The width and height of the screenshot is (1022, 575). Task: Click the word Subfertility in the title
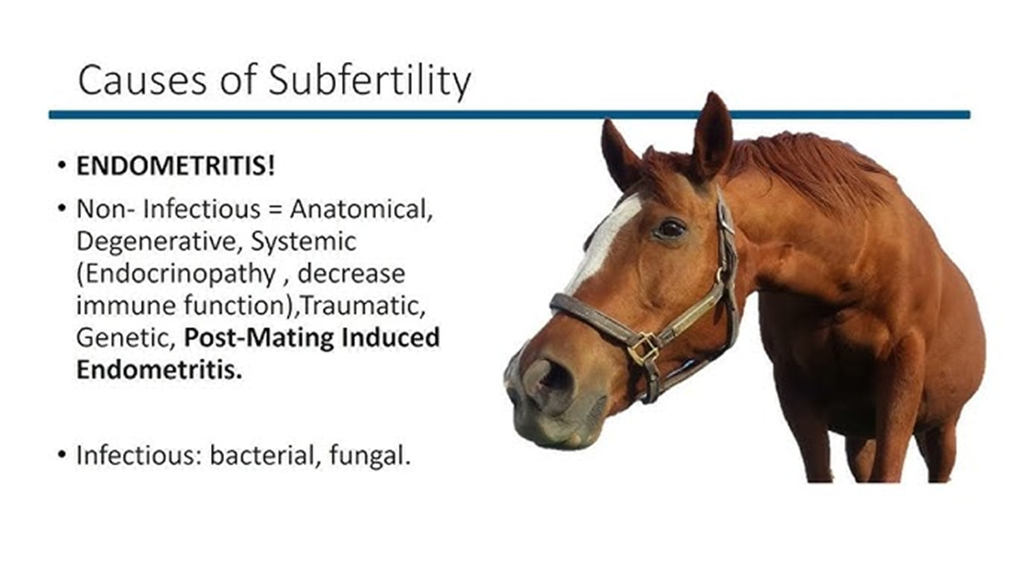click(x=369, y=80)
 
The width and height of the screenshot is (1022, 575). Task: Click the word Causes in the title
click(x=142, y=80)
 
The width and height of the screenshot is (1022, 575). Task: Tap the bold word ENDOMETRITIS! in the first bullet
click(x=176, y=166)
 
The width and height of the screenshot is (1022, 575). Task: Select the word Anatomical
click(x=361, y=209)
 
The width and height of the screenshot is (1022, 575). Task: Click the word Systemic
click(x=303, y=241)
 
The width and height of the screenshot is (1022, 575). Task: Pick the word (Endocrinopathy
click(x=176, y=274)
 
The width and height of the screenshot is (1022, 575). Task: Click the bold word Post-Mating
click(x=259, y=338)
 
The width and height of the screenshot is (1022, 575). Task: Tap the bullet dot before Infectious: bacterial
click(x=62, y=455)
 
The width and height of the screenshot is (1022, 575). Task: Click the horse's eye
click(x=671, y=228)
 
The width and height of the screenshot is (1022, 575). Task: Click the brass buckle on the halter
click(x=644, y=348)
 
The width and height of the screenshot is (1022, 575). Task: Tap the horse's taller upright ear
click(x=712, y=137)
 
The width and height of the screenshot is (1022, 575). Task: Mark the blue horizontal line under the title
click(x=510, y=114)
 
